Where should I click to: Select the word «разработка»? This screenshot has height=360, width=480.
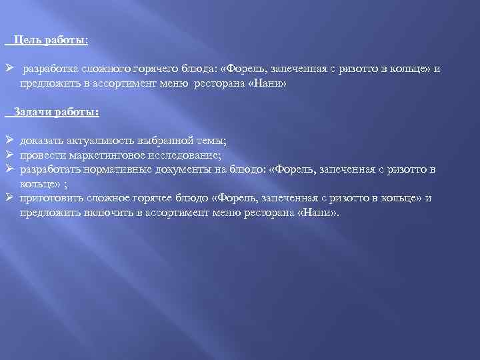tap(49, 69)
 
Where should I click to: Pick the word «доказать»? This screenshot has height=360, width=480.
tap(40, 141)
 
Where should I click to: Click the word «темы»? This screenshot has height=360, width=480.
tap(209, 141)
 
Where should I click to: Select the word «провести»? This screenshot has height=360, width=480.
tap(41, 155)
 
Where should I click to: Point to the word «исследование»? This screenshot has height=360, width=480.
tap(179, 155)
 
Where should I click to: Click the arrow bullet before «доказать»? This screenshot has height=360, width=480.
tap(9, 141)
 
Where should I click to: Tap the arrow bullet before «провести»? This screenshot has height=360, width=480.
tap(9, 155)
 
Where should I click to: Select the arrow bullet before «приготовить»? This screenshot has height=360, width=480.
tap(9, 197)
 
